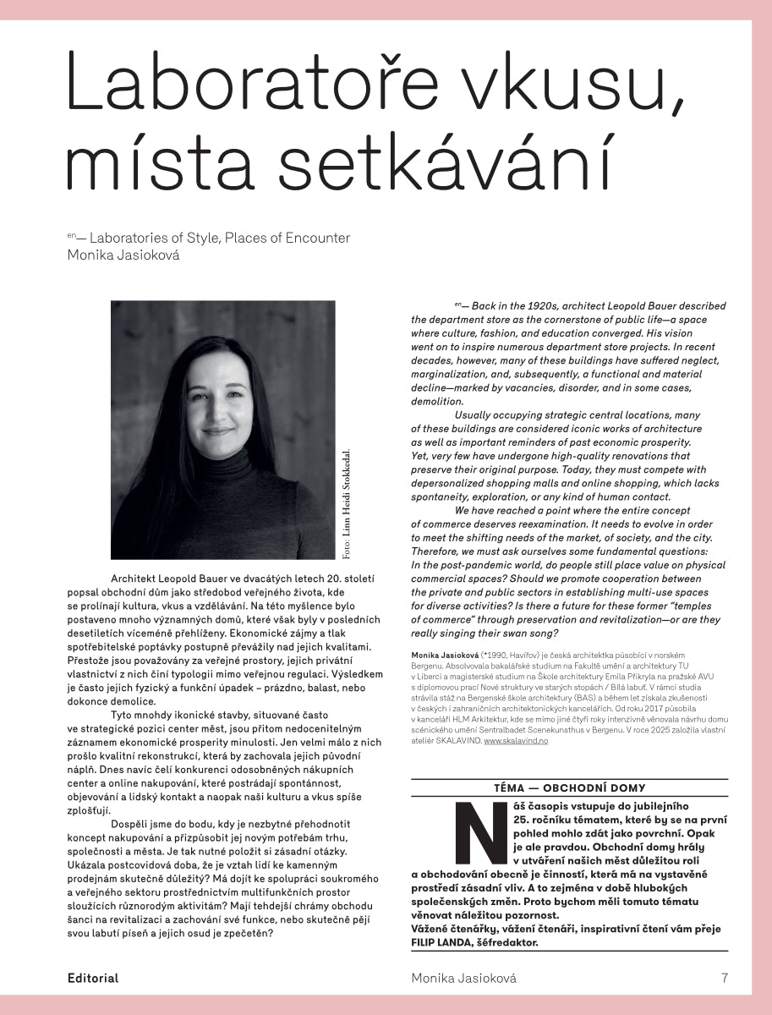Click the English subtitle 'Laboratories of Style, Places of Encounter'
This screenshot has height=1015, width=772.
pos(220,238)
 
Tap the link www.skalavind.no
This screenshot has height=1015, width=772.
pos(516,741)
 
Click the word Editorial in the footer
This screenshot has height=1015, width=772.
pos(93,978)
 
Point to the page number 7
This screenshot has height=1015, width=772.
pos(724,978)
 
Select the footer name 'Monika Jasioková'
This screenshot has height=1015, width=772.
pos(463,978)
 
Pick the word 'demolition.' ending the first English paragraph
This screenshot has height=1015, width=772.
pos(437,402)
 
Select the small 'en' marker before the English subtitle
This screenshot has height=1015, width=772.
pos(72,234)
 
